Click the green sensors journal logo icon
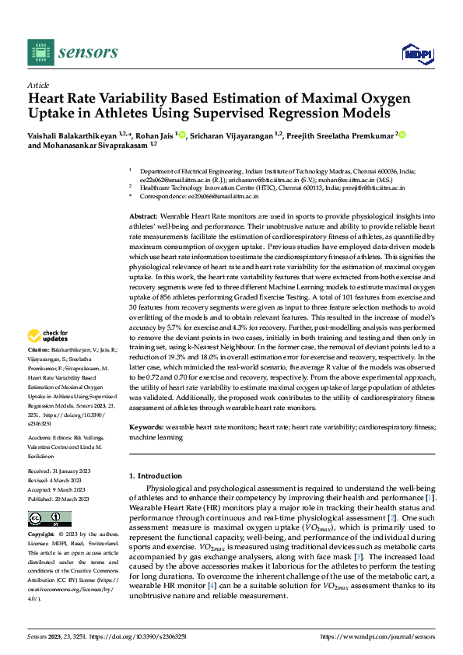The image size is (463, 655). tap(40, 52)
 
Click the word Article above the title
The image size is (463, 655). tap(38, 85)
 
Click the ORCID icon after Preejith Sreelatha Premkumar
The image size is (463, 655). tap(404, 135)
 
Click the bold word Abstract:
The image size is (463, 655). tap(144, 215)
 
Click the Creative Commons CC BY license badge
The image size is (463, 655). tap(49, 519)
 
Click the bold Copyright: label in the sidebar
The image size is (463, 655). tap(43, 535)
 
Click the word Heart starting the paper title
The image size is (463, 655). tap(47, 100)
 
